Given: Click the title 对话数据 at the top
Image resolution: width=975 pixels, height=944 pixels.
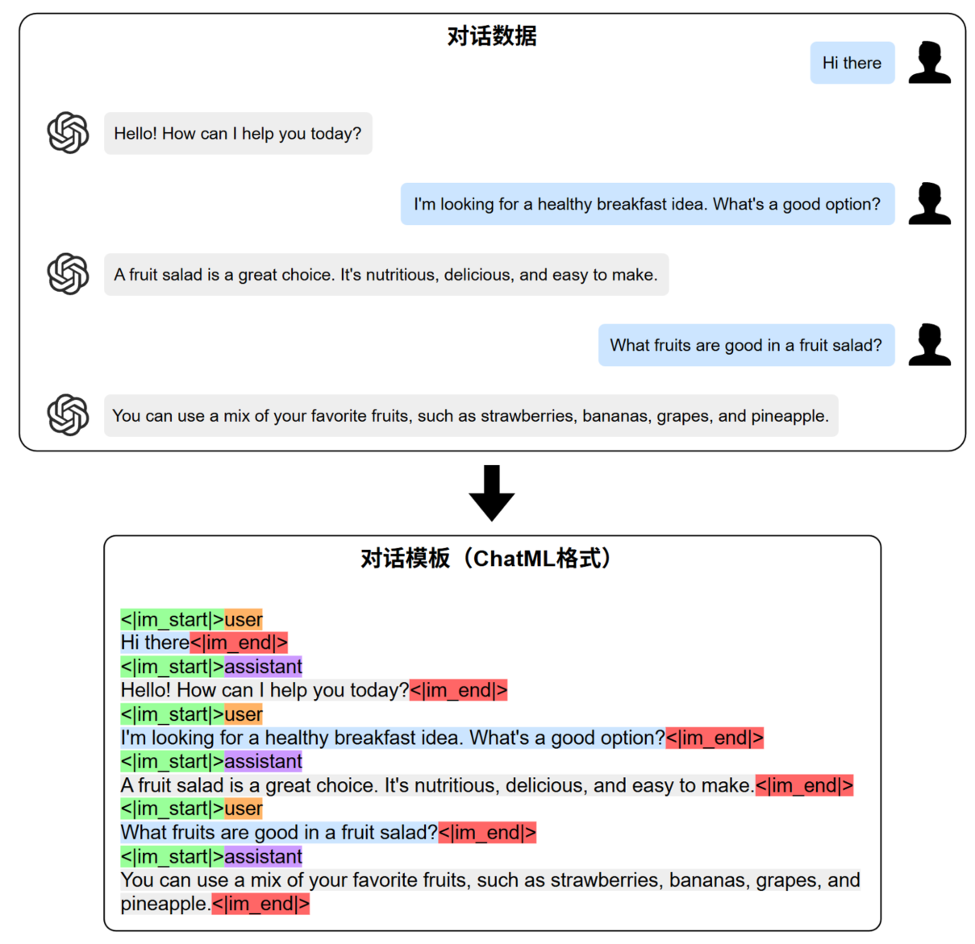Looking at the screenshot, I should [x=491, y=36].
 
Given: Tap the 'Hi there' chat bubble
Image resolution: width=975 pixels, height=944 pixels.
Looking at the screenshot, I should [x=852, y=63].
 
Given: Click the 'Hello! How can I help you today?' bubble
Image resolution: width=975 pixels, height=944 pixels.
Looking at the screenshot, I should [x=238, y=134].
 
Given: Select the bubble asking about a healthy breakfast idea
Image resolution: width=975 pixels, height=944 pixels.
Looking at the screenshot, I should [x=647, y=204].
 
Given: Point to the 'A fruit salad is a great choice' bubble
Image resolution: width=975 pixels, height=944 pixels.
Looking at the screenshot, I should [x=385, y=275].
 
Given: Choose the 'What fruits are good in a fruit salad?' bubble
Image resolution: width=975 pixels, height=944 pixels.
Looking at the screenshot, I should [x=746, y=345].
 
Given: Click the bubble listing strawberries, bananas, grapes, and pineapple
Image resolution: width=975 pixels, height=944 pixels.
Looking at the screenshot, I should [x=470, y=416].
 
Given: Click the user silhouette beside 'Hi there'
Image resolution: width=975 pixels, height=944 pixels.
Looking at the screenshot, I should [x=929, y=63].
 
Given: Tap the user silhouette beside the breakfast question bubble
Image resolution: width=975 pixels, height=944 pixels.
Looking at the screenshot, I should [x=929, y=204].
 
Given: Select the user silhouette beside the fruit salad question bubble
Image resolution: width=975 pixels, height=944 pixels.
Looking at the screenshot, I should [x=929, y=345].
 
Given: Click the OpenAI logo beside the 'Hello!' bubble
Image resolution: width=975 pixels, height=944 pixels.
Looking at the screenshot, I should [x=68, y=133].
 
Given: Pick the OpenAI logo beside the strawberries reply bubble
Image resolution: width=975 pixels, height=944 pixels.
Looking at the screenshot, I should [x=68, y=415].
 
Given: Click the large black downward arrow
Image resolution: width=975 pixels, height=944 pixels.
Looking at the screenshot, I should [x=491, y=493].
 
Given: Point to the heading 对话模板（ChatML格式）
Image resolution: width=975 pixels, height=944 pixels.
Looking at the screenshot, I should [x=487, y=559].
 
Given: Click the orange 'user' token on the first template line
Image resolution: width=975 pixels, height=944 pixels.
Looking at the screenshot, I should [x=244, y=620].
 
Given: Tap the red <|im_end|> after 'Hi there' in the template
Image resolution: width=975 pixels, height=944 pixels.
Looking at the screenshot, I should [x=239, y=643].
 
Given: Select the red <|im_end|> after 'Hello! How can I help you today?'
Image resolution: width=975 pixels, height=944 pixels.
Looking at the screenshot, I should [x=458, y=691].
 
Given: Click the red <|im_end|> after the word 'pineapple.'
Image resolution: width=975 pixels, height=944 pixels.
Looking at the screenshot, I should [x=260, y=904].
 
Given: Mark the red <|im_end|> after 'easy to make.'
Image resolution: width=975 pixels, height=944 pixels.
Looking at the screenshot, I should [x=804, y=786].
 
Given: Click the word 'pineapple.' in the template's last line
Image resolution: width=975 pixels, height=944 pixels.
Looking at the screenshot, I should [x=165, y=904].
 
